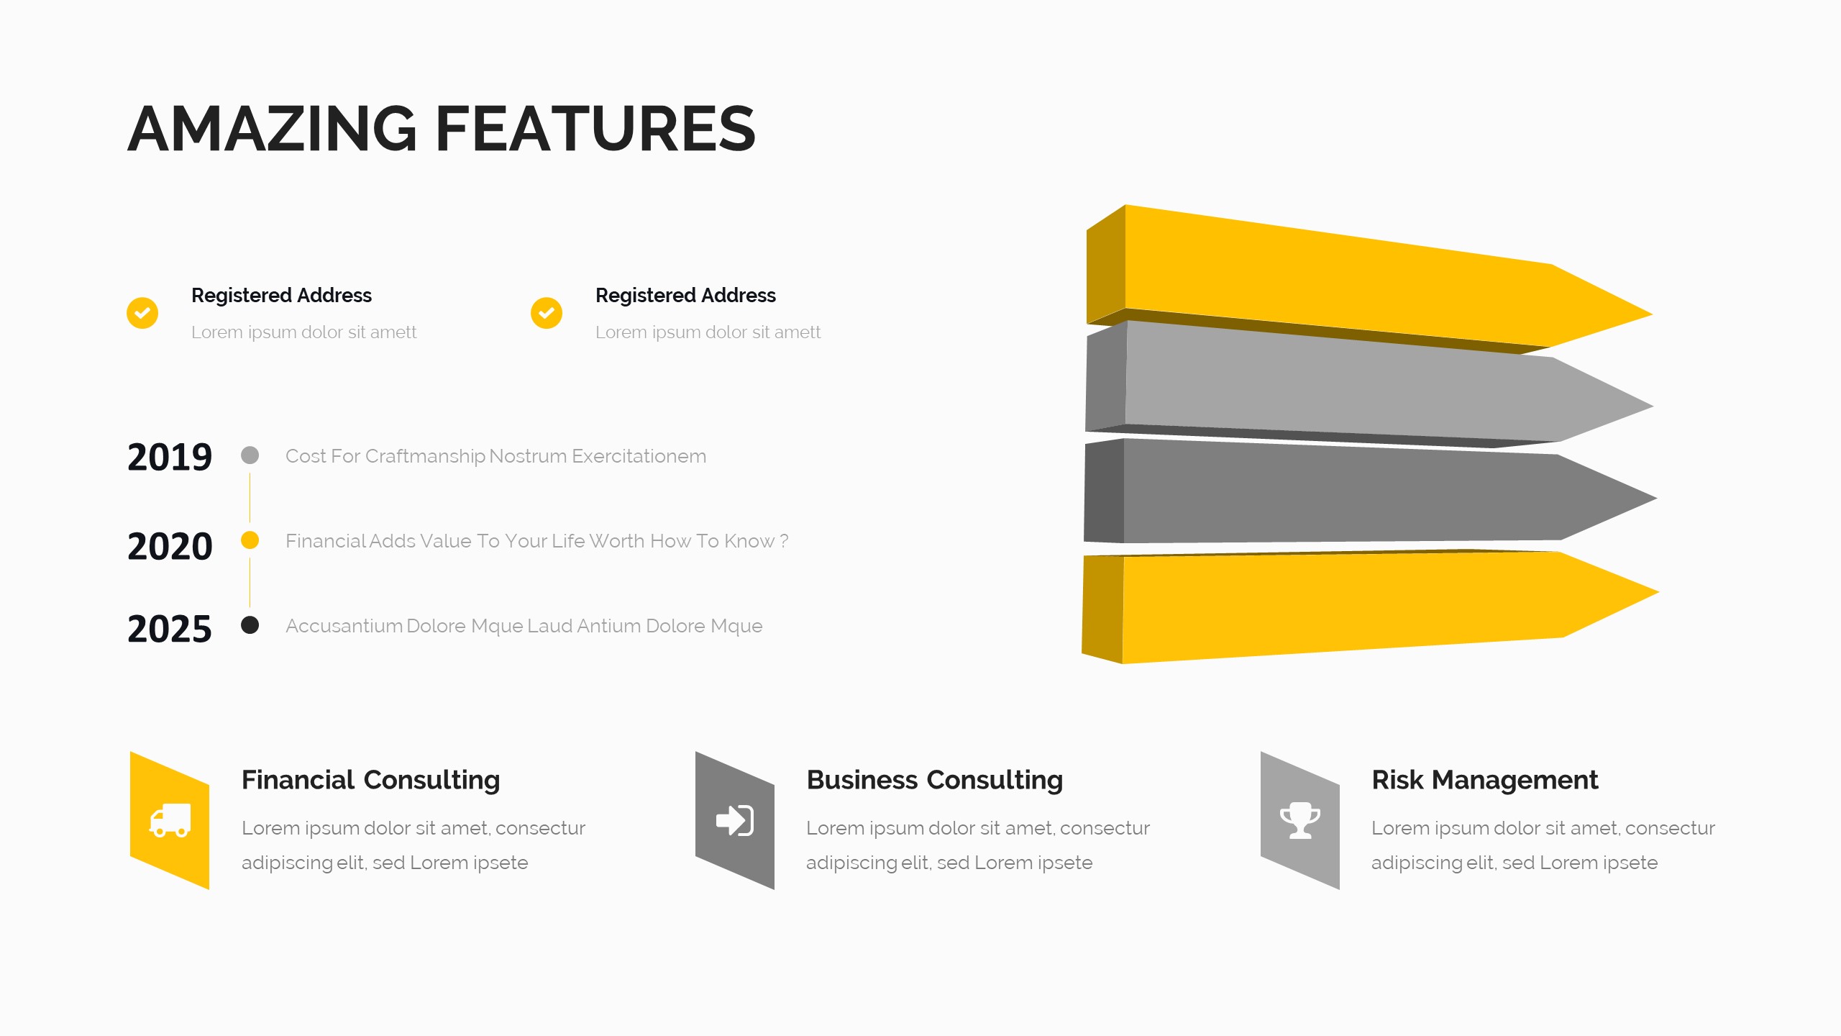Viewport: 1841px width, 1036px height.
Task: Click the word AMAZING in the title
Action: (272, 128)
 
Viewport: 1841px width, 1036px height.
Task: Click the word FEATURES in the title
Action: (595, 128)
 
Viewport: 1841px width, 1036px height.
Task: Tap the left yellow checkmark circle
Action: (142, 313)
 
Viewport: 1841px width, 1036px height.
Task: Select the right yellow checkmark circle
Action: (547, 313)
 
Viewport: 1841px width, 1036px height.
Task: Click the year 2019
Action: (170, 457)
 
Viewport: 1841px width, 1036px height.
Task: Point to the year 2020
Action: (170, 546)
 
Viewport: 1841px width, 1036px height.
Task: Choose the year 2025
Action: (170, 629)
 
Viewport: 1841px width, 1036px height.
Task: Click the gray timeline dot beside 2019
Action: (250, 455)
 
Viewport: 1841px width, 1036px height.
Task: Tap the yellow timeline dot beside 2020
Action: (250, 540)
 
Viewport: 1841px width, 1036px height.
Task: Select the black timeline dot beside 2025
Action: (250, 624)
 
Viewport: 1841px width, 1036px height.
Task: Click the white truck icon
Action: (170, 820)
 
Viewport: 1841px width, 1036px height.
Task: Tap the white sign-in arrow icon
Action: (735, 820)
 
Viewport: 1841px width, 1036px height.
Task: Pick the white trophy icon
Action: (1300, 820)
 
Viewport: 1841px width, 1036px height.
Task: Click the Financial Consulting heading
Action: (370, 780)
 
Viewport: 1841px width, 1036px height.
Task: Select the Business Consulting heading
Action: (935, 780)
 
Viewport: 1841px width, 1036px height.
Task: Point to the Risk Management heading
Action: (1484, 780)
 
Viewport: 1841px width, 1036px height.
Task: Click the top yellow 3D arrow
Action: (1366, 281)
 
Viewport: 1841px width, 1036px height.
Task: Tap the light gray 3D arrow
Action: (1366, 385)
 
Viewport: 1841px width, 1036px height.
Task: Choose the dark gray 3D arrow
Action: (1366, 493)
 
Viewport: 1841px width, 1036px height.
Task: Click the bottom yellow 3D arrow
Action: (1366, 604)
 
